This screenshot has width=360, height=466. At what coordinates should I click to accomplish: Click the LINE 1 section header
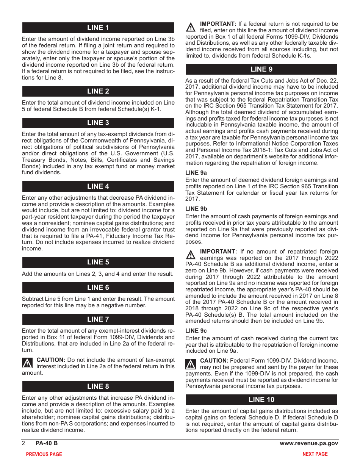click(x=98, y=28)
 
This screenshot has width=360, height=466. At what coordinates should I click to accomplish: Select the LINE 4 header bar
click(x=98, y=186)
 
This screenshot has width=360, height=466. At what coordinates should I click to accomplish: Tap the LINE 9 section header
click(x=261, y=69)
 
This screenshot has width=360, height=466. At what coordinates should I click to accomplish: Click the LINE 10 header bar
click(x=261, y=400)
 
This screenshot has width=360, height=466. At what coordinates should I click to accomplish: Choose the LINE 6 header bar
click(x=98, y=288)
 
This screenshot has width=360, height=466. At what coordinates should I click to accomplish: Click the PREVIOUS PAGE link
click(x=44, y=454)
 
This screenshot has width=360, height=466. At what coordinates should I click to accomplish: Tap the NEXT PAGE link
click(x=315, y=454)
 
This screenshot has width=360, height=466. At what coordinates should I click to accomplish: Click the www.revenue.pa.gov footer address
click(x=309, y=443)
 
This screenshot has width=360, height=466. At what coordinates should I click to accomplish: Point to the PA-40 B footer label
click(x=47, y=443)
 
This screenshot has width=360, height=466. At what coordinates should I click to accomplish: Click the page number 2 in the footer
click(x=23, y=443)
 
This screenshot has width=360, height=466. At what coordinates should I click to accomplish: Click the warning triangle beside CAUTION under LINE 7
click(x=27, y=364)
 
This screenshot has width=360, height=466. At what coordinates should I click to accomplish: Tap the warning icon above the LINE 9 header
click(x=191, y=27)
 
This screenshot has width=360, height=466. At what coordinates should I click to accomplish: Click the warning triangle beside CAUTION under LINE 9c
click(x=191, y=364)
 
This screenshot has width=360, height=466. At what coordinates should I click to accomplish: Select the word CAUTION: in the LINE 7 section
click(x=51, y=360)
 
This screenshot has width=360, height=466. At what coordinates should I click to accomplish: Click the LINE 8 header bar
click(x=98, y=386)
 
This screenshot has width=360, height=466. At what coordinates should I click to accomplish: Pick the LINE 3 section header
click(x=98, y=123)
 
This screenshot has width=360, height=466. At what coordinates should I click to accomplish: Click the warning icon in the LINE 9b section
click(x=191, y=255)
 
